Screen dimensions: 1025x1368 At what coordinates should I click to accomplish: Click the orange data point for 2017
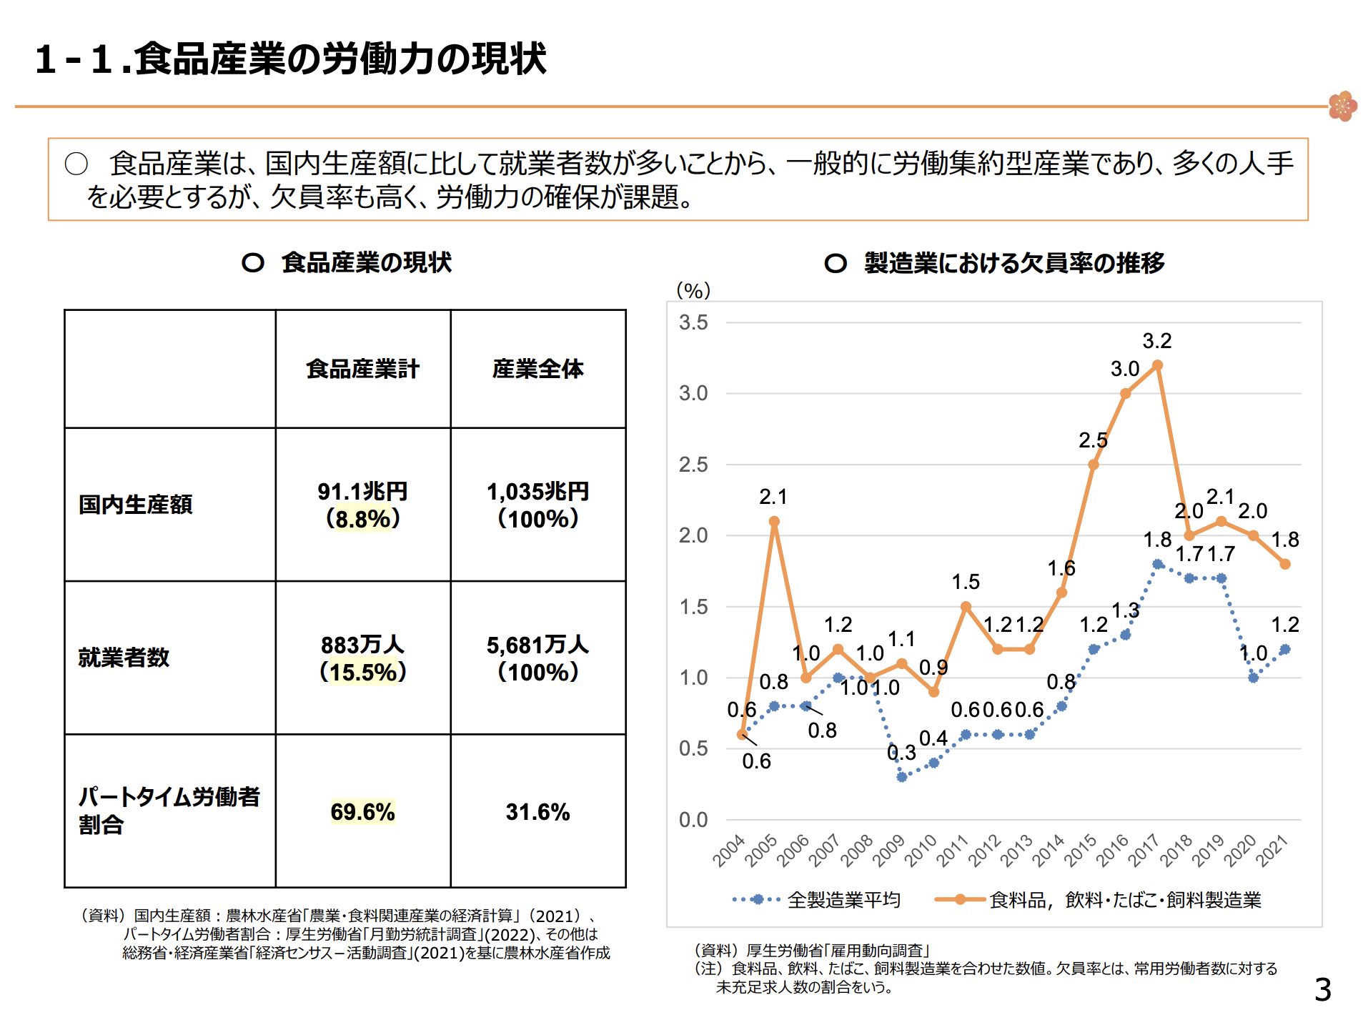click(x=1157, y=365)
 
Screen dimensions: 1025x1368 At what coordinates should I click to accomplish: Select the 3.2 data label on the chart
click(x=1156, y=341)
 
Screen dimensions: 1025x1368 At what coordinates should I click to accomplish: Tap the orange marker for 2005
click(x=774, y=522)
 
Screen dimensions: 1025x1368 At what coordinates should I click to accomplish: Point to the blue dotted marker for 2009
click(x=901, y=777)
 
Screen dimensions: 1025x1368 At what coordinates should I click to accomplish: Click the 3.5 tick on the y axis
click(x=693, y=322)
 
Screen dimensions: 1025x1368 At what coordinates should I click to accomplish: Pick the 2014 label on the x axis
click(x=1048, y=851)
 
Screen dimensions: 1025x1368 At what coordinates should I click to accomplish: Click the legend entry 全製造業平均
click(x=843, y=900)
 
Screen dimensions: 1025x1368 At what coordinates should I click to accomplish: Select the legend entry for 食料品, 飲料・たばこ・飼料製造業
click(x=1125, y=900)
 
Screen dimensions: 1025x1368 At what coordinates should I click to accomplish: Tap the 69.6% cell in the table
click(x=362, y=812)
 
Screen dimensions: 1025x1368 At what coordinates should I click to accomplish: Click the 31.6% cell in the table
click(x=537, y=812)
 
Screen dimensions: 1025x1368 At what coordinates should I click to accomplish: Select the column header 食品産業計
click(x=362, y=369)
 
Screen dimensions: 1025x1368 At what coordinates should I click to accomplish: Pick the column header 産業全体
click(x=537, y=369)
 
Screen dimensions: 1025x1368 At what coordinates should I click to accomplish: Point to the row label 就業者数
click(x=124, y=658)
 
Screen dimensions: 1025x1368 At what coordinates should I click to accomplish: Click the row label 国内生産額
click(x=135, y=505)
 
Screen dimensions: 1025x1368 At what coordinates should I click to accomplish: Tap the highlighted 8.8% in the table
click(x=362, y=519)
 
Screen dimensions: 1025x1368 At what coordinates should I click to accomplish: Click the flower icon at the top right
click(x=1342, y=107)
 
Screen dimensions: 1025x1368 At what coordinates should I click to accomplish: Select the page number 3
click(x=1323, y=990)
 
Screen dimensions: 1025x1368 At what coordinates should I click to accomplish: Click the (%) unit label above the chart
click(x=693, y=290)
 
